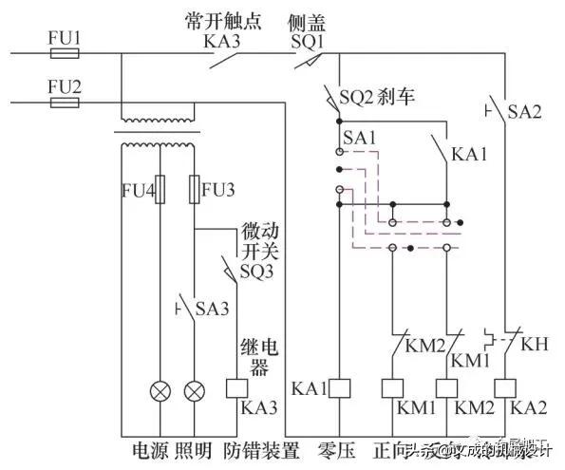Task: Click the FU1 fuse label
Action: point(65,39)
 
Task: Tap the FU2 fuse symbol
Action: point(65,102)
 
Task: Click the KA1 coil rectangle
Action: point(341,387)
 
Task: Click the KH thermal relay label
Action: point(536,339)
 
